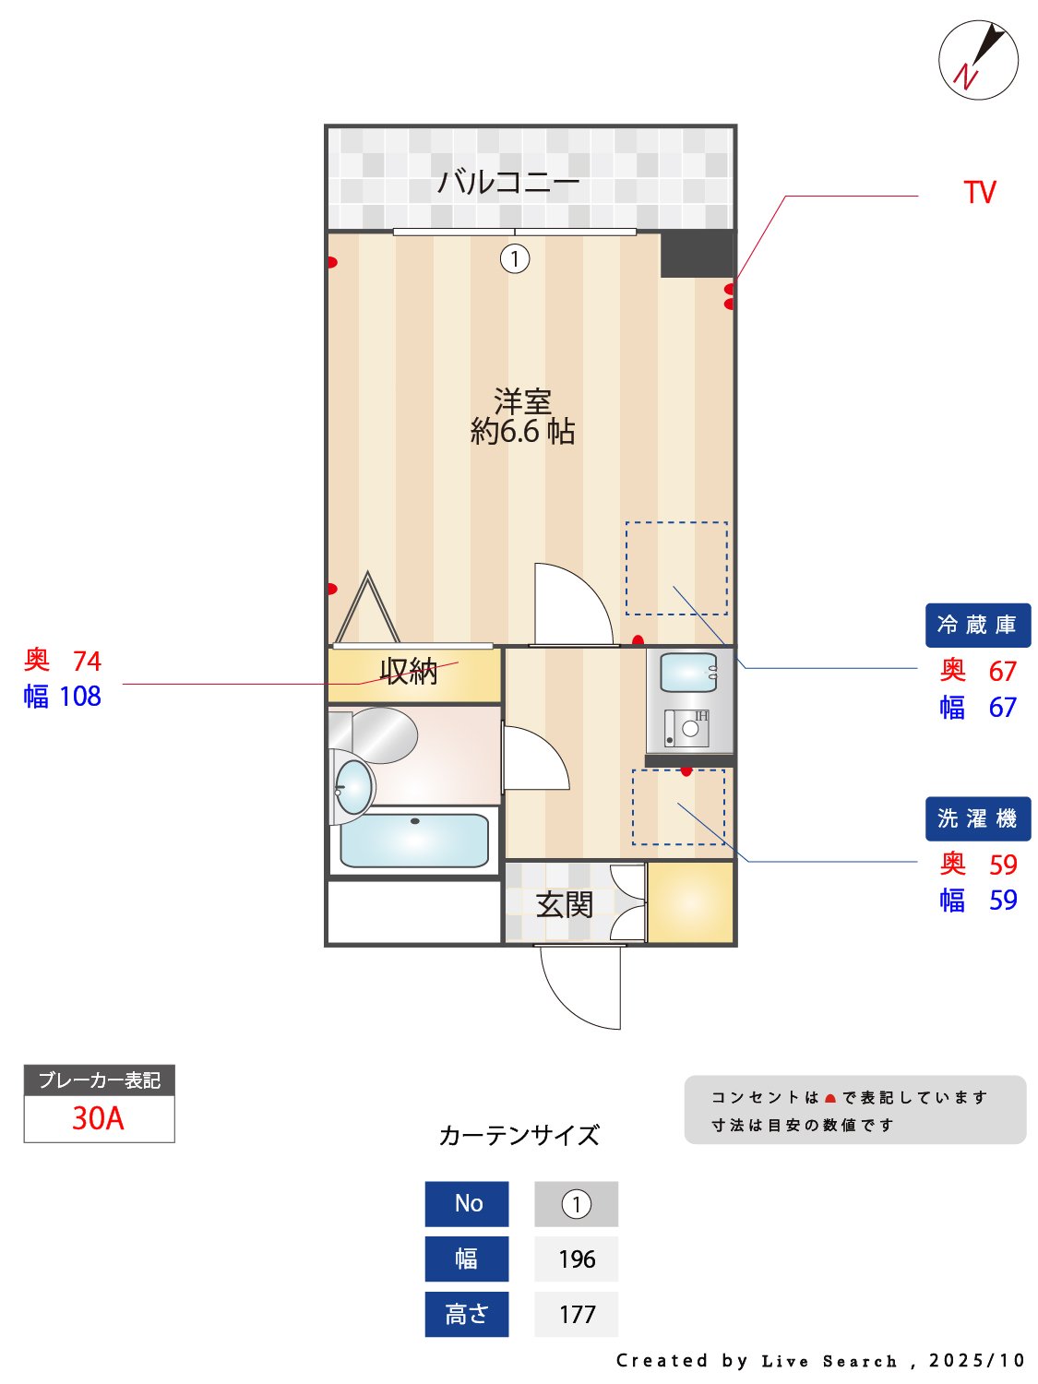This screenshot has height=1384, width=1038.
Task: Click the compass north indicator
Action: [978, 60]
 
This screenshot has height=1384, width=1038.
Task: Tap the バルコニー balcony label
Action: [508, 181]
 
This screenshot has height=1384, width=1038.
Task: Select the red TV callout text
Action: [980, 193]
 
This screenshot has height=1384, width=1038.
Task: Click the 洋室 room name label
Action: [522, 401]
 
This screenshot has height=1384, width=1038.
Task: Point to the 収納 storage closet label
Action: [409, 672]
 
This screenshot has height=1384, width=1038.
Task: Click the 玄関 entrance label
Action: [564, 904]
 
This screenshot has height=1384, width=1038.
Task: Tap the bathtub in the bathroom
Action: [414, 841]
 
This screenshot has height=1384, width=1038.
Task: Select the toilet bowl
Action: [353, 787]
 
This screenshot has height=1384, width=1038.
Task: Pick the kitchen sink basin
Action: [688, 673]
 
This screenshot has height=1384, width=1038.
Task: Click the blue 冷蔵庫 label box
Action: [977, 626]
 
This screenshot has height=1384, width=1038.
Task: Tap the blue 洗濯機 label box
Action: [977, 818]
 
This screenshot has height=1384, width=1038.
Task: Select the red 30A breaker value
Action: [99, 1118]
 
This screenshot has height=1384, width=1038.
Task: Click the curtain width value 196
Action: [577, 1259]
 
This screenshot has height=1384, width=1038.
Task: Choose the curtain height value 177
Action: [577, 1314]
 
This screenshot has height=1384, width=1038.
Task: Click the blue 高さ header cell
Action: [467, 1314]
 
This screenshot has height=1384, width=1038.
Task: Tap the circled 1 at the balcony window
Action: [515, 258]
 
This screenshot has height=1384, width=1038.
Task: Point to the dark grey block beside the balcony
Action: [697, 254]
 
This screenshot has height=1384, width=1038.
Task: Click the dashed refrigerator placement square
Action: [676, 568]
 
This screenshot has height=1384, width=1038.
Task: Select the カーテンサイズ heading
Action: [519, 1135]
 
